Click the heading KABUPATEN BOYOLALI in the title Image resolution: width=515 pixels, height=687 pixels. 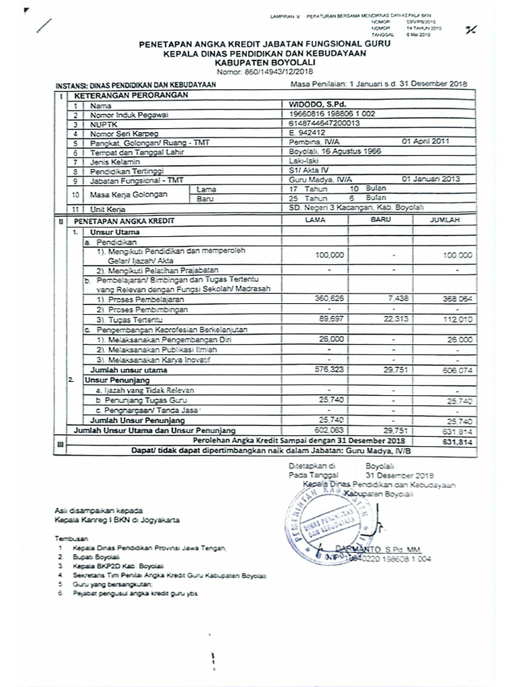(x=264, y=62)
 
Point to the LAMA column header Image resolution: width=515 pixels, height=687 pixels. (x=315, y=220)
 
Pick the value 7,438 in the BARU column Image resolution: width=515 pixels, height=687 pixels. (x=388, y=297)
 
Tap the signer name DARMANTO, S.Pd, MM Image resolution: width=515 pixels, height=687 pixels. (x=393, y=548)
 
